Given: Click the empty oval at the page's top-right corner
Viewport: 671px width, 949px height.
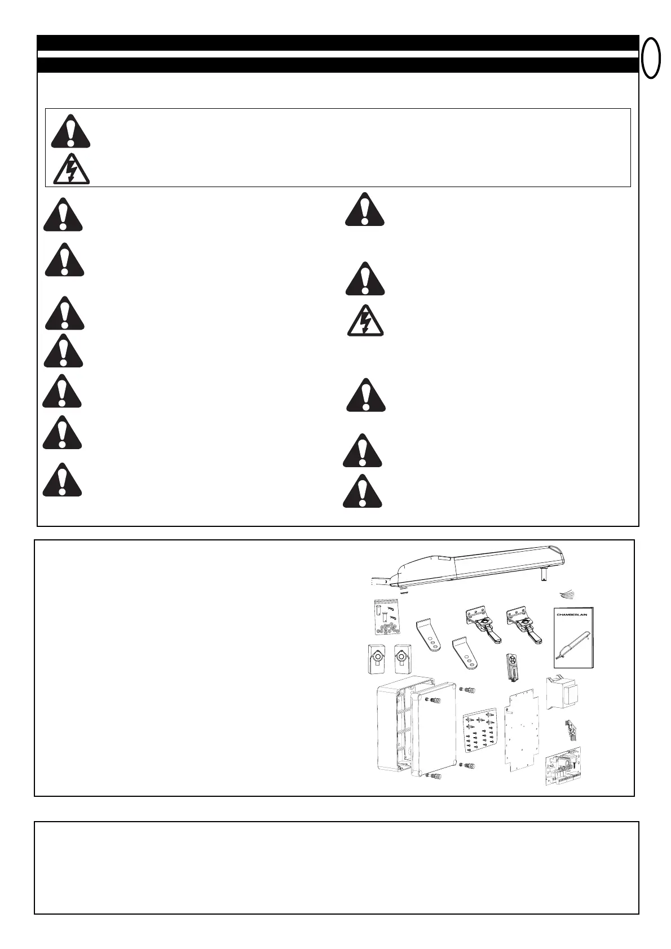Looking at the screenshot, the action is point(651,57).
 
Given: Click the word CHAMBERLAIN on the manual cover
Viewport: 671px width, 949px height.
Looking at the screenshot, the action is point(572,615).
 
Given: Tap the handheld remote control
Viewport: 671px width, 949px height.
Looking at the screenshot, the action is point(512,667).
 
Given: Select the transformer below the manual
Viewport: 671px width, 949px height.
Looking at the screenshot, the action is point(564,695).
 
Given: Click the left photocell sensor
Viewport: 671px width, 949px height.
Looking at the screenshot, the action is point(375,659).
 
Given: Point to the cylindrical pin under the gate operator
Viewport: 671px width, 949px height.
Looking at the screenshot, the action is point(545,574).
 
